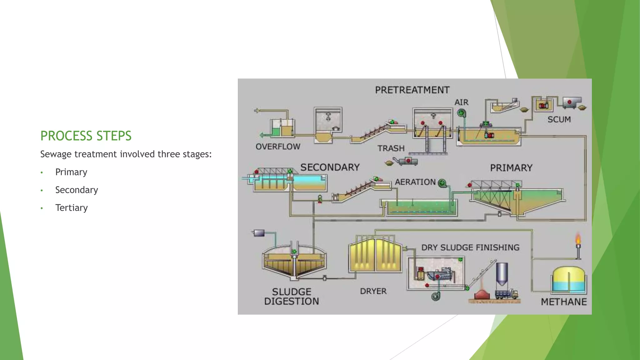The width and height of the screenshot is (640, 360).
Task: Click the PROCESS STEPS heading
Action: [86, 136]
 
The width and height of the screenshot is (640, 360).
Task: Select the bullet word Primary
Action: [71, 172]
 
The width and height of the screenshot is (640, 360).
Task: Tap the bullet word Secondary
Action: [77, 190]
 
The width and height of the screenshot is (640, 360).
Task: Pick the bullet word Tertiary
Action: [72, 208]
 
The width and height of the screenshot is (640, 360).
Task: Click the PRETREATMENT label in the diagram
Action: [412, 90]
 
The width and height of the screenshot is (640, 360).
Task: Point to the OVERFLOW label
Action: [278, 147]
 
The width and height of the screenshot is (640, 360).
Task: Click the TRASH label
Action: [391, 148]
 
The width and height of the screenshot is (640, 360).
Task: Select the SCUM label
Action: [559, 119]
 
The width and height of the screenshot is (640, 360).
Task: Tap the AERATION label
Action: [415, 182]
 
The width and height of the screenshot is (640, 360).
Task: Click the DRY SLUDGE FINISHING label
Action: [470, 247]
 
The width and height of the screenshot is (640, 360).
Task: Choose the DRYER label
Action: [373, 291]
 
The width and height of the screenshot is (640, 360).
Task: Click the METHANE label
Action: [564, 302]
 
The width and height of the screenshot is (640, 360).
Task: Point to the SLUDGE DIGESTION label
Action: [292, 297]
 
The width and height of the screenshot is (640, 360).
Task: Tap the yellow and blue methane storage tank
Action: [569, 280]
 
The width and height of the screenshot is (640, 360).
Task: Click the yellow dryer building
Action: [375, 255]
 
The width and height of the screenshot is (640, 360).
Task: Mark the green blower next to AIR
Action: [461, 113]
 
